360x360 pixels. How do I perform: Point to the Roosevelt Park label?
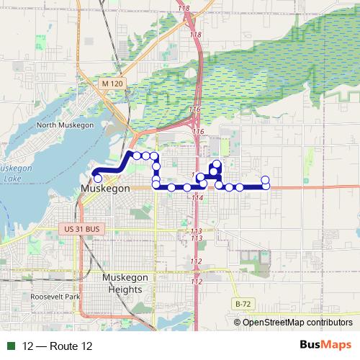pos(55,297)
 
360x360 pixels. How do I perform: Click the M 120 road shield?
pos(112,84)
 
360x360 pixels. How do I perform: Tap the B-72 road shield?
pos(243,305)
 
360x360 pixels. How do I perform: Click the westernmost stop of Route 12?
pos(97,178)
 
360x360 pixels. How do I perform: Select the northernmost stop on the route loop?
pos(217,165)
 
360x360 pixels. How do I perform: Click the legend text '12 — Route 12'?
pos(58,346)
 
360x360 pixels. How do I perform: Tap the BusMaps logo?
pos(328,346)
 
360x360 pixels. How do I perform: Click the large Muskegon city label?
pos(105,188)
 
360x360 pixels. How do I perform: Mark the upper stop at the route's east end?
pos(265,179)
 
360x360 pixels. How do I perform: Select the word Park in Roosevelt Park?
pos(70,297)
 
